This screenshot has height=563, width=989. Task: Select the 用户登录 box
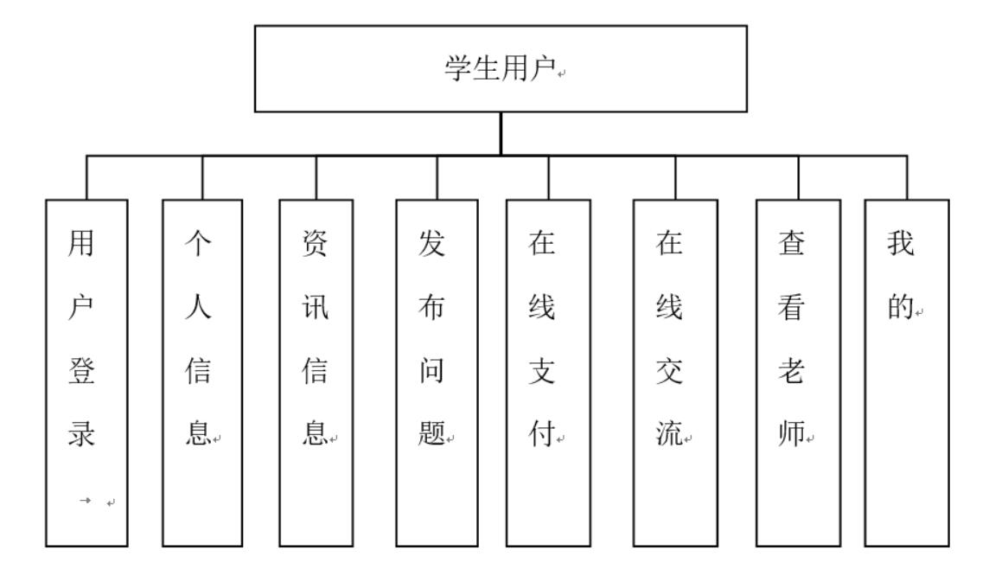point(86,372)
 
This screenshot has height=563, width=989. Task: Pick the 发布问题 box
point(437,372)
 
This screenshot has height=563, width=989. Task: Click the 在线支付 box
point(548,372)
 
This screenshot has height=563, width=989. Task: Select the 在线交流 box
point(675,372)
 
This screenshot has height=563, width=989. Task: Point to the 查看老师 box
point(798,372)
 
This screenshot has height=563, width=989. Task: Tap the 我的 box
point(907,372)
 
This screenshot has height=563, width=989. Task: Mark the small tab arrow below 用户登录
point(88,502)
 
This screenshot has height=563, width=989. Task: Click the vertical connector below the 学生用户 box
point(501,133)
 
